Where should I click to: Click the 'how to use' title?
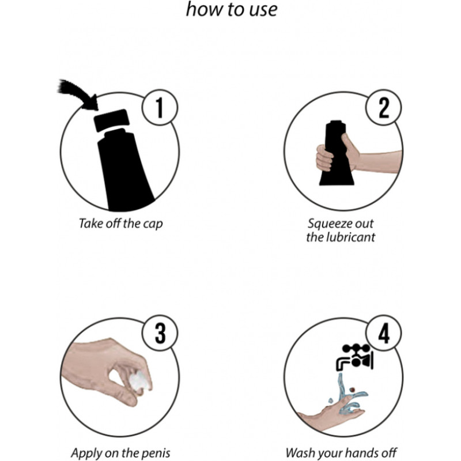click(x=232, y=9)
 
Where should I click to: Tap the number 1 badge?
click(x=160, y=108)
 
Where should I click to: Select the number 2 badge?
click(x=384, y=108)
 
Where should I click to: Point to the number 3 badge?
click(x=160, y=333)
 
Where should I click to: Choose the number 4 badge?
click(x=384, y=333)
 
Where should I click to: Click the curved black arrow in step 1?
click(x=77, y=93)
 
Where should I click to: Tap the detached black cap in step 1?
click(x=111, y=120)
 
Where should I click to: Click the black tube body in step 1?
click(x=125, y=171)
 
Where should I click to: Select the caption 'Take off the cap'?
click(x=120, y=224)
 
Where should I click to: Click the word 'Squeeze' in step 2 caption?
click(x=326, y=224)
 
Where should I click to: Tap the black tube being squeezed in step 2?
click(x=337, y=153)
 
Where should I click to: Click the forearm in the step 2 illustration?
click(x=379, y=162)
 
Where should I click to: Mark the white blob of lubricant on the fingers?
click(x=140, y=381)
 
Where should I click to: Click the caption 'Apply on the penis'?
click(x=120, y=453)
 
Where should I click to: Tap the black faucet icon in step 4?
click(x=354, y=357)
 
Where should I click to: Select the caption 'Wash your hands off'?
click(x=341, y=453)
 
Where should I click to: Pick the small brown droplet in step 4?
click(x=352, y=390)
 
